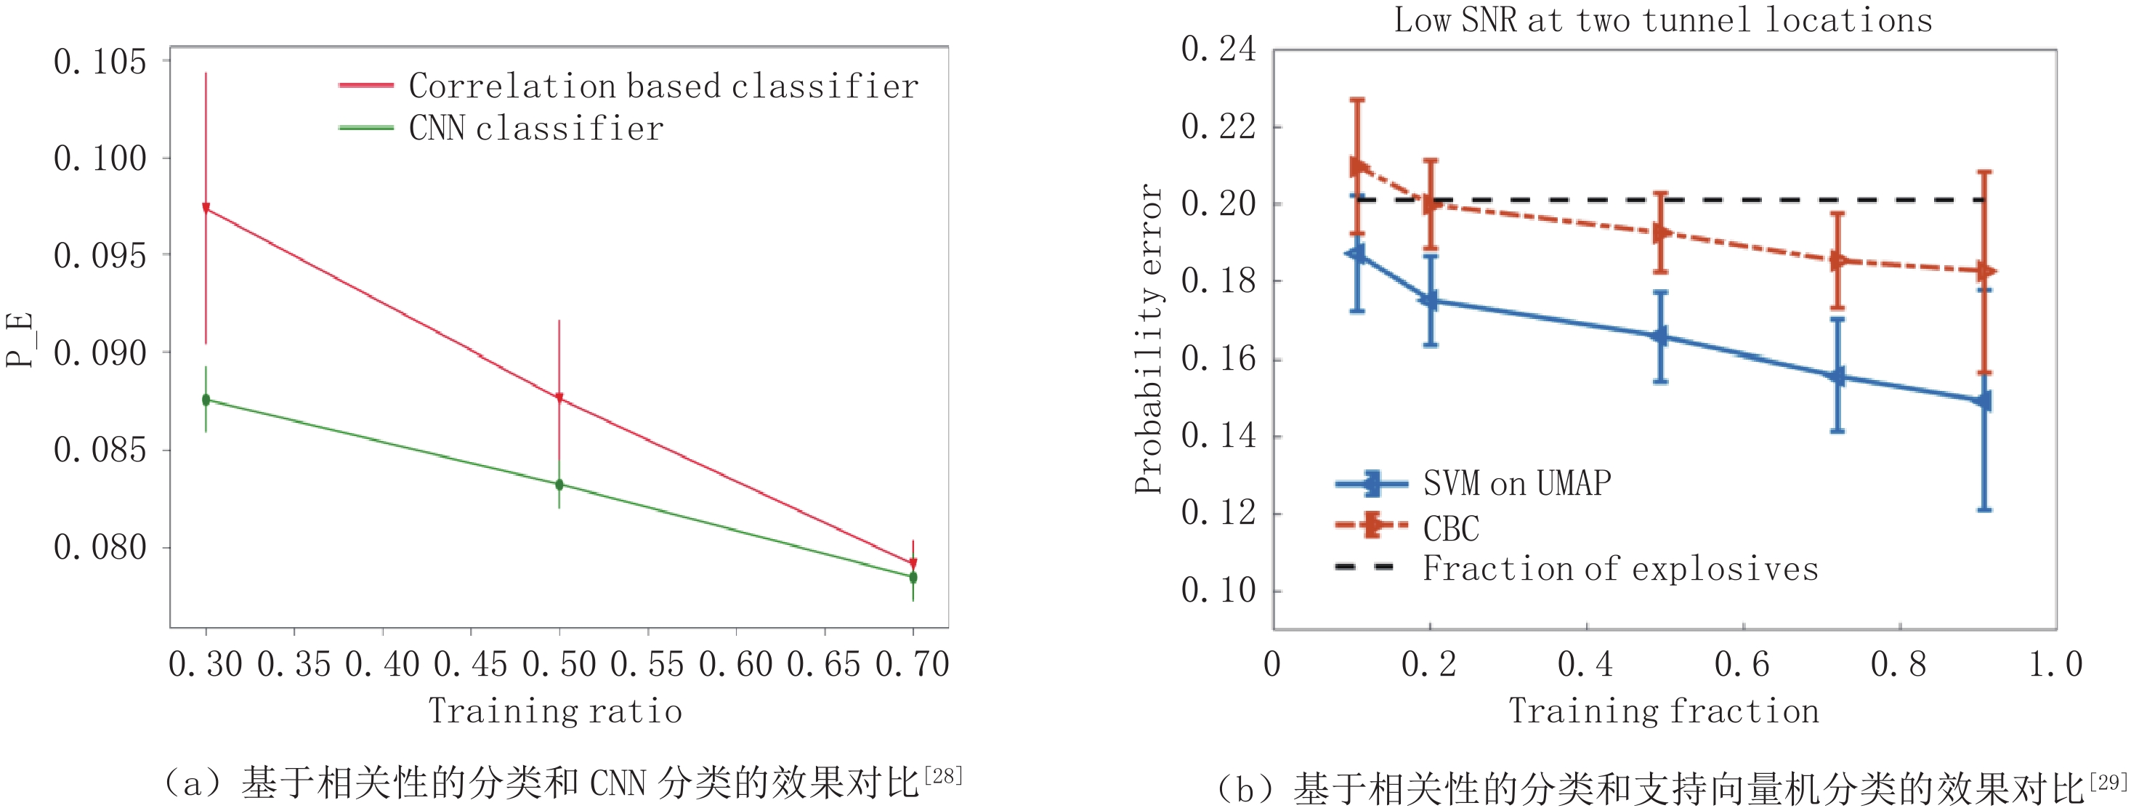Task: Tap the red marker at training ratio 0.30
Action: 206,209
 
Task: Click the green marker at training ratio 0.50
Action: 559,485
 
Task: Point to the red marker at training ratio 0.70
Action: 913,563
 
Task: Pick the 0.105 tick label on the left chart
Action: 100,62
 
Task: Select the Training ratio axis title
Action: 555,711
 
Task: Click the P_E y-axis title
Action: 19,339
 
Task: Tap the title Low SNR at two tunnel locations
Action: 1663,20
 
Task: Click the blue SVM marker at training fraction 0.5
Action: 1660,336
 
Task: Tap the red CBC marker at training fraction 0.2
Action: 1431,203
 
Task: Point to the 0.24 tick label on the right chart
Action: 1218,49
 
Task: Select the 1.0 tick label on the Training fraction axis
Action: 2055,664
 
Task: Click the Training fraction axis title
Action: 1664,711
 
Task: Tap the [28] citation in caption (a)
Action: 943,776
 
